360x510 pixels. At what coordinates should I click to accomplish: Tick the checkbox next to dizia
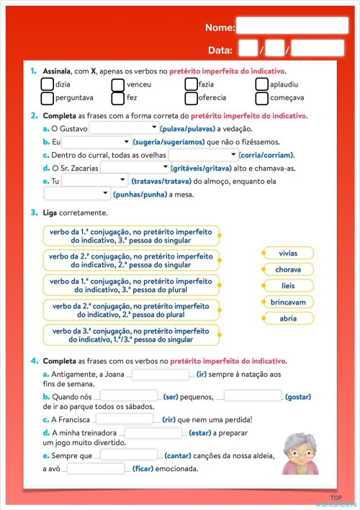coord(48,85)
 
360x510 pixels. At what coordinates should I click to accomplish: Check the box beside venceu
coord(118,85)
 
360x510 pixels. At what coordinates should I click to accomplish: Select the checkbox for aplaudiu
coord(261,85)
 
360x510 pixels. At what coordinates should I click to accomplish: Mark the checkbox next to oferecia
coord(191,97)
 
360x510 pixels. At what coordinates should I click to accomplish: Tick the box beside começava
coord(261,97)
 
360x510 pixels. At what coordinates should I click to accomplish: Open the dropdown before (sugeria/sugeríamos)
coord(96,142)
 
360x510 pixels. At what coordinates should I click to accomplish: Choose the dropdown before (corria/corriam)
coord(203,155)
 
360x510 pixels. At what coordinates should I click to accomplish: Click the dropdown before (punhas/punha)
coord(77,194)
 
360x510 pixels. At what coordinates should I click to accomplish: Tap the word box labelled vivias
coord(287,253)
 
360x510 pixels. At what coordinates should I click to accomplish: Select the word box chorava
coord(287,269)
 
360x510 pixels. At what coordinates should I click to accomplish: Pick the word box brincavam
coord(287,303)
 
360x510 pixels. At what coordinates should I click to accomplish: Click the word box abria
coord(287,318)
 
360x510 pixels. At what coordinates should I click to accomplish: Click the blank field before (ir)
coord(160,375)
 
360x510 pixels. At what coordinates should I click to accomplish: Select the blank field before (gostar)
coord(252,395)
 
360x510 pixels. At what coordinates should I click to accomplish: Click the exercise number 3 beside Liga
coord(34,213)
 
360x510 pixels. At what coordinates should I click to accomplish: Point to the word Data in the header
coord(220,50)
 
